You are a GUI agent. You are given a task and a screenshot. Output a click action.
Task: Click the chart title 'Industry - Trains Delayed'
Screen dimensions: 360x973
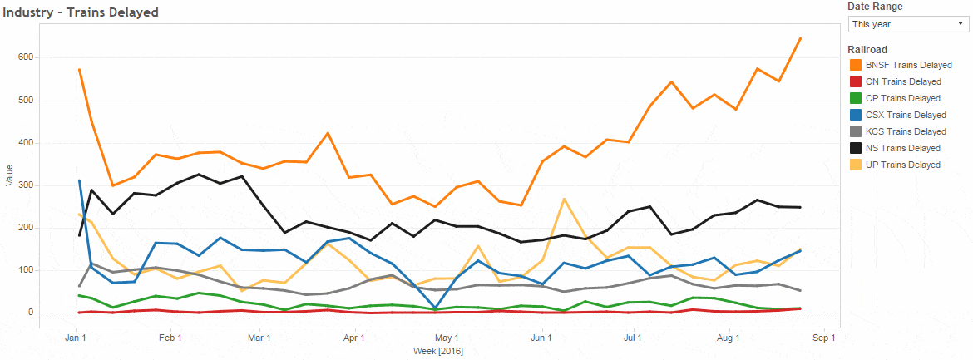pyautogui.click(x=80, y=12)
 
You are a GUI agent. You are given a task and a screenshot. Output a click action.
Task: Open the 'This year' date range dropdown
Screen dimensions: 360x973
pyautogui.click(x=907, y=24)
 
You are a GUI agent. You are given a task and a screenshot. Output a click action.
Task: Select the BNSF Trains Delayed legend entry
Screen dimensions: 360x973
pyautogui.click(x=907, y=65)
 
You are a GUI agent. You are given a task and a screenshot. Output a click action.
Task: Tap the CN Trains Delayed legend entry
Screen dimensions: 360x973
pyautogui.click(x=902, y=81)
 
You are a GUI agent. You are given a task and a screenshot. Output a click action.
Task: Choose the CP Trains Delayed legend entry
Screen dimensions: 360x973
pyautogui.click(x=902, y=98)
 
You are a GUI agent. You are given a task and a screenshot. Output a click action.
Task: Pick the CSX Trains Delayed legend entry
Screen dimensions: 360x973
pyautogui.click(x=905, y=115)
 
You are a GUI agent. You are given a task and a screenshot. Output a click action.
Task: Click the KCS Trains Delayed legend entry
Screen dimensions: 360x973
pyautogui.click(x=905, y=131)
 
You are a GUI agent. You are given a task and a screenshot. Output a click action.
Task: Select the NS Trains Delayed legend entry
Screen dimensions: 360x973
pyautogui.click(x=902, y=148)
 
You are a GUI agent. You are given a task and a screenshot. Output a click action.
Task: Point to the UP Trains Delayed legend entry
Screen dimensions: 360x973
pyautogui.click(x=902, y=165)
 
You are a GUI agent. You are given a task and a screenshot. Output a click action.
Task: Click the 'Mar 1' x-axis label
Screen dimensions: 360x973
pyautogui.click(x=260, y=338)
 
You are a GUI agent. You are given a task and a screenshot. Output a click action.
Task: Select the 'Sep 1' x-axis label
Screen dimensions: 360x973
pyautogui.click(x=823, y=338)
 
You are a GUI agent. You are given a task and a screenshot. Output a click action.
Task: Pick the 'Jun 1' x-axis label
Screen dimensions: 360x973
pyautogui.click(x=541, y=338)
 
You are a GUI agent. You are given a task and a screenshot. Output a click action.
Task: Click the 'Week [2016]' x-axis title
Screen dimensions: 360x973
pyautogui.click(x=438, y=352)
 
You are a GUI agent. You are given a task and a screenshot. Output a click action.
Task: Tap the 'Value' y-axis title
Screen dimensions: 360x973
pyautogui.click(x=9, y=175)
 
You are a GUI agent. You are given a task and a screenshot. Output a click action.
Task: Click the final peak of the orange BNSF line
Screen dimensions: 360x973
pyautogui.click(x=799, y=38)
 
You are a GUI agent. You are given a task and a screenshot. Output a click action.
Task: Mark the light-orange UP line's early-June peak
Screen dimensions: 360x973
pyautogui.click(x=565, y=200)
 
